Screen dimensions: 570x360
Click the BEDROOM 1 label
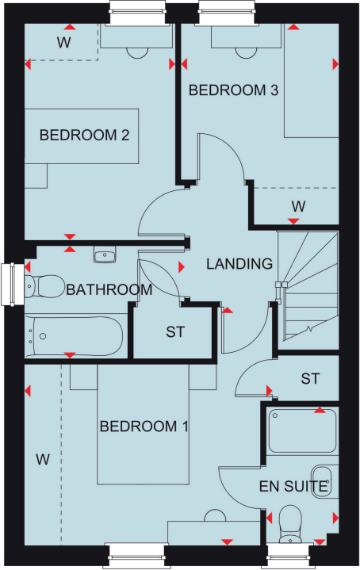(x=144, y=427)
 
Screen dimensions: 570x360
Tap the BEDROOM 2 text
(x=84, y=135)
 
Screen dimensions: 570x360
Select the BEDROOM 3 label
(x=232, y=90)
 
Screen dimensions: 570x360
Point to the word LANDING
(x=239, y=264)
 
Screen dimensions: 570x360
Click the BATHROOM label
(x=109, y=289)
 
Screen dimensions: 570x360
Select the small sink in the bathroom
(x=104, y=255)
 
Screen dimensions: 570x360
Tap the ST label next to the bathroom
(x=174, y=331)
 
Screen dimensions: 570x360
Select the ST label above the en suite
(x=309, y=379)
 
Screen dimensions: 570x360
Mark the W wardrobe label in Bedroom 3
(x=297, y=206)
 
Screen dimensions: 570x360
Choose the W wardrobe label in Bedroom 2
(x=63, y=42)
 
